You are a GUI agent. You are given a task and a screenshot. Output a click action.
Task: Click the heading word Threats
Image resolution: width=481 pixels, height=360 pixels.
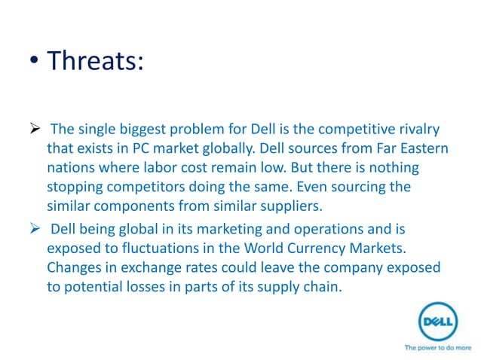(x=94, y=60)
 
